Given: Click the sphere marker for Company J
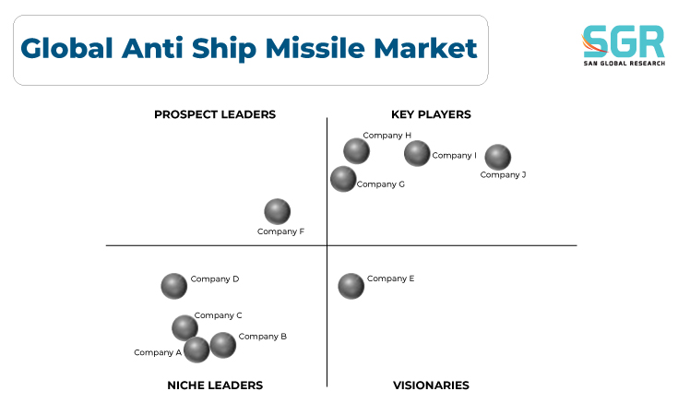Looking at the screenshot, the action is pyautogui.click(x=498, y=157).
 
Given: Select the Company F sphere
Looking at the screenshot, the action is pyautogui.click(x=277, y=211).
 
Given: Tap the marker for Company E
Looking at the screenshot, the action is pyautogui.click(x=351, y=286).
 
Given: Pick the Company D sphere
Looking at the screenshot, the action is pyautogui.click(x=173, y=286).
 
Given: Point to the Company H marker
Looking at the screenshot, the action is pyautogui.click(x=356, y=151).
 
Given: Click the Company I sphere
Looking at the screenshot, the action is pyautogui.click(x=417, y=153).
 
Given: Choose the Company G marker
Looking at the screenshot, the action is pyautogui.click(x=343, y=179).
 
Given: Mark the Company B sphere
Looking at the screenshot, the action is pyautogui.click(x=222, y=345).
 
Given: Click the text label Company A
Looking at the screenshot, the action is pyautogui.click(x=158, y=352).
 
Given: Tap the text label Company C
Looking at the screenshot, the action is pyautogui.click(x=218, y=315).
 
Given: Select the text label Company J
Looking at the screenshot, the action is pyautogui.click(x=503, y=174).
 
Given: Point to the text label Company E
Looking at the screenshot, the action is pyautogui.click(x=390, y=279).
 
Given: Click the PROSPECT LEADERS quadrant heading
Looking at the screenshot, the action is pyautogui.click(x=215, y=114).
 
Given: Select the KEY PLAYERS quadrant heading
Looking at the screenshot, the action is pyautogui.click(x=431, y=114).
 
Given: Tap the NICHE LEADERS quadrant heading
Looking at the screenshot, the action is pyautogui.click(x=215, y=385).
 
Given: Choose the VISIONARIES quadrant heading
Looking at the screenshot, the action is pyautogui.click(x=431, y=385).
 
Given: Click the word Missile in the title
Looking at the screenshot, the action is pyautogui.click(x=315, y=48).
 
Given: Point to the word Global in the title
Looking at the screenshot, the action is pyautogui.click(x=67, y=48).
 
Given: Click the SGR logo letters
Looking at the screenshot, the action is pyautogui.click(x=623, y=41).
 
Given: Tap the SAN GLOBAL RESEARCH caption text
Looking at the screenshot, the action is pyautogui.click(x=624, y=64).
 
